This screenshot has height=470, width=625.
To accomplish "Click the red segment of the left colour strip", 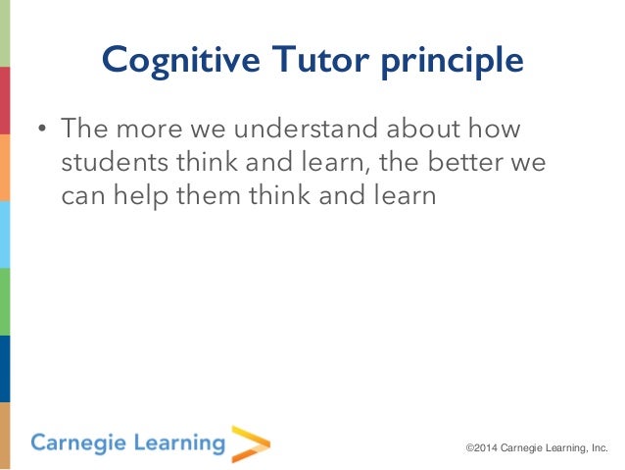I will [5, 100].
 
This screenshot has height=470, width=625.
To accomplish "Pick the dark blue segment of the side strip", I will [5, 368].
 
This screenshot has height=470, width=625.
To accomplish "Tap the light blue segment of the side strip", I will [5, 234].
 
